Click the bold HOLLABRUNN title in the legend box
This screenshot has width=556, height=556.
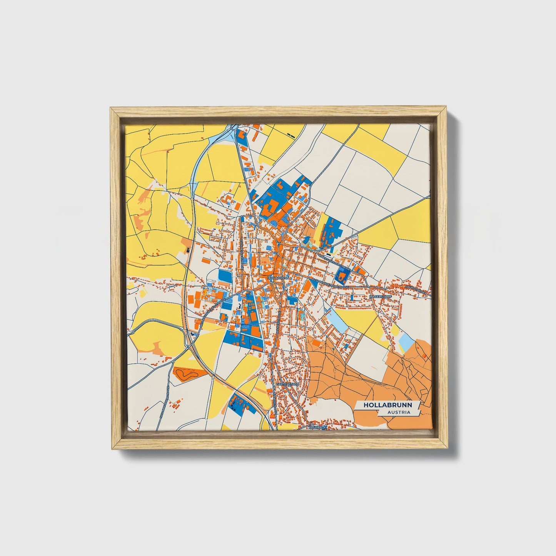387,405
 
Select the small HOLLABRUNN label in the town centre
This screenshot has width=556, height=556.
275,277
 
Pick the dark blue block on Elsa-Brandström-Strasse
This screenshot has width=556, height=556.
341,274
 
